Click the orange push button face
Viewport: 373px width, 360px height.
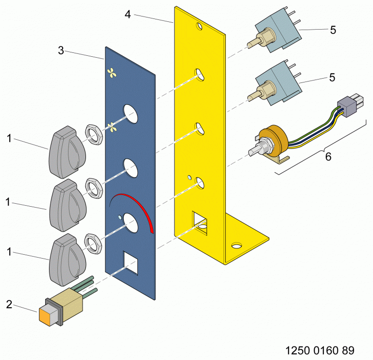48,315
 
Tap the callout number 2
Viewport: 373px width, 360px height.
9,305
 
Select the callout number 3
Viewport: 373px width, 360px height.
61,50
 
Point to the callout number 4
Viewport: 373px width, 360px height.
127,14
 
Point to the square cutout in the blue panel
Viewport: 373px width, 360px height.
131,262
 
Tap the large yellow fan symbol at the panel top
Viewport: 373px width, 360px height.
112,73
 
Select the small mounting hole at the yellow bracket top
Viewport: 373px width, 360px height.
199,25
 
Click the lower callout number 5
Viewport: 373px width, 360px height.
332,77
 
